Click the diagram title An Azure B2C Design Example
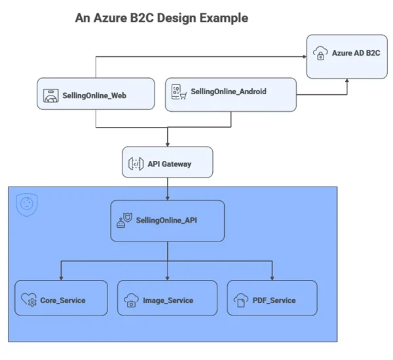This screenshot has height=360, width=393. click(162, 18)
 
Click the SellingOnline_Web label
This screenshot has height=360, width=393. click(94, 96)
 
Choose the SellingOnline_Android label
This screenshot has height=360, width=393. click(228, 92)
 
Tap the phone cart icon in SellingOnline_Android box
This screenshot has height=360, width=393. click(177, 92)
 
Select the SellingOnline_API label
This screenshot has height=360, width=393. click(166, 221)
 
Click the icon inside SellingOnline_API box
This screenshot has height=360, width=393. click(122, 221)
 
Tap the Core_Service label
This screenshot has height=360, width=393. click(63, 300)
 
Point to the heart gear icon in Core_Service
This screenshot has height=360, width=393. click(29, 300)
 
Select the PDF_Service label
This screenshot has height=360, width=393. click(274, 300)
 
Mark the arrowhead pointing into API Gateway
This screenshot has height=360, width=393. click(168, 143)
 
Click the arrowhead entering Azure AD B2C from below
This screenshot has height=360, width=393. click(347, 82)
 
